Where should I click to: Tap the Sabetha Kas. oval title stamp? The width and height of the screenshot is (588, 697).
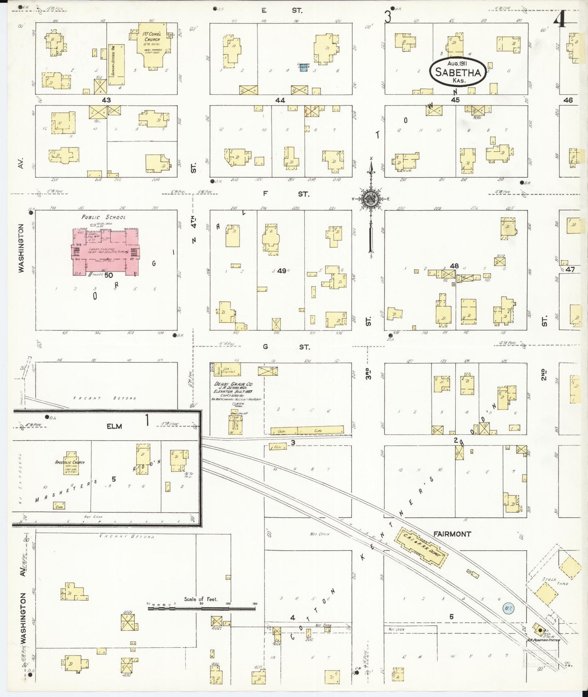pos(458,72)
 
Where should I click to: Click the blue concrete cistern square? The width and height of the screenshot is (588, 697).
pos(303,68)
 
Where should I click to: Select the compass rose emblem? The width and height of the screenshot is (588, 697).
pos(371,198)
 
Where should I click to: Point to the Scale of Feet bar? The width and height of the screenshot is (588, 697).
pos(201,609)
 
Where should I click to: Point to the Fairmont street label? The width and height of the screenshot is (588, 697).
pos(452,534)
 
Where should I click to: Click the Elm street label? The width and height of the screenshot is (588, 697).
pos(114,426)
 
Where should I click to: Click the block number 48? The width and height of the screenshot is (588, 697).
pos(454,266)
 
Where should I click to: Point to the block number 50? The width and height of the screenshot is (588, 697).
pos(108,275)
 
